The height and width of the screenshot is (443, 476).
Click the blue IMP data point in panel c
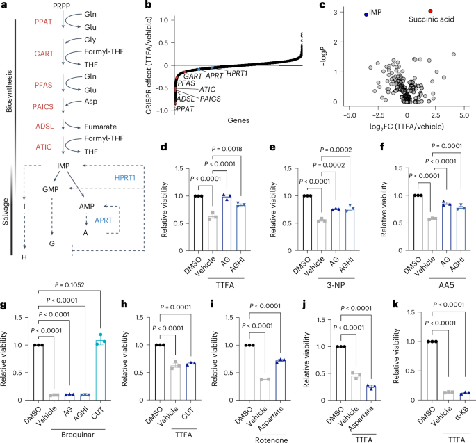(366, 13)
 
